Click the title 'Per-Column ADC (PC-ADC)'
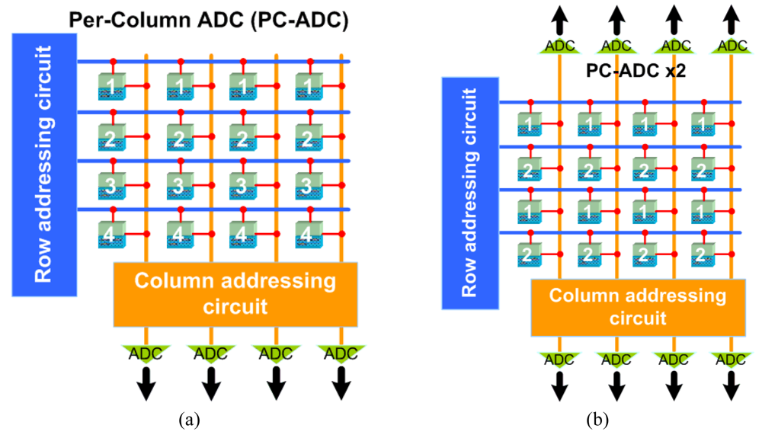208,21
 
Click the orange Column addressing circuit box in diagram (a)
235,293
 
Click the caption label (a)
189,418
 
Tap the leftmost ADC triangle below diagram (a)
145,353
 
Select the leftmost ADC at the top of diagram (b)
559,46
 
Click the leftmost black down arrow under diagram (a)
145,385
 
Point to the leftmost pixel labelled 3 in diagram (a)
113,184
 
